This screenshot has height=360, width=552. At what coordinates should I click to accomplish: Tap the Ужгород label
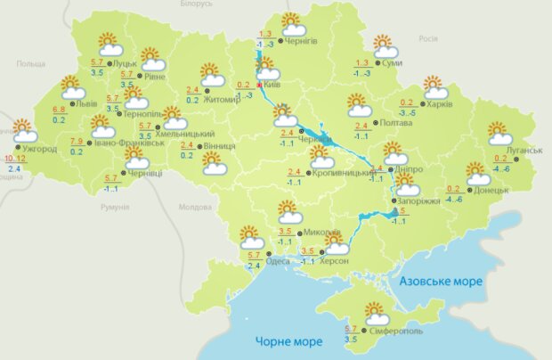pos(38,149)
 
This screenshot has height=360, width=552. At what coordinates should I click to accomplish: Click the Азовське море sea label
pos(441,282)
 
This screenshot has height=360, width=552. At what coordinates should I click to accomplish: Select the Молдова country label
pos(194,207)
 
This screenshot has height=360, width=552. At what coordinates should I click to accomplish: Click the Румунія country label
pos(115,207)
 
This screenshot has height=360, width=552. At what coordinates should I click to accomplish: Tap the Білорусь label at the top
pos(196,4)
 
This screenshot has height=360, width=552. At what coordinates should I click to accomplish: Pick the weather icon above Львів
pos(72,87)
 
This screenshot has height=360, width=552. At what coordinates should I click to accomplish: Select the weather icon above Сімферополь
pos(377,313)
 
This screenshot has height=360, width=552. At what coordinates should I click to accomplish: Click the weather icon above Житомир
pos(211,73)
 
